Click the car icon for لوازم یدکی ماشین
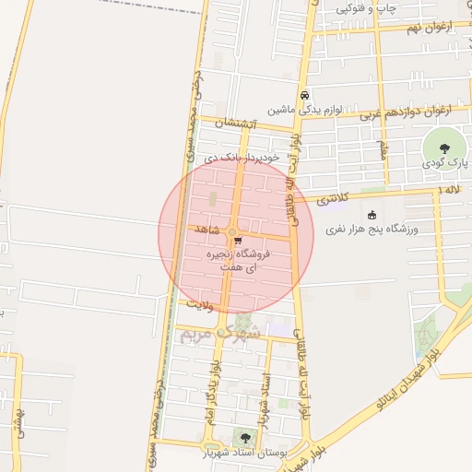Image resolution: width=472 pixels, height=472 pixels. tap(303, 95)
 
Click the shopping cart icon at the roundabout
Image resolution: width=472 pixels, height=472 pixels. tap(239, 242)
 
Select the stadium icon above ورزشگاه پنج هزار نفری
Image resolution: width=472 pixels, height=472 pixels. tap(372, 216)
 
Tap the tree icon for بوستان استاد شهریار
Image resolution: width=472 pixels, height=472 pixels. tap(244, 438)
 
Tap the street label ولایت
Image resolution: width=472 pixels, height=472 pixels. tap(200, 302)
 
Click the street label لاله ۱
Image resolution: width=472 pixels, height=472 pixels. tap(450, 189)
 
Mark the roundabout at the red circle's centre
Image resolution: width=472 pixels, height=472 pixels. tap(232, 233)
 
